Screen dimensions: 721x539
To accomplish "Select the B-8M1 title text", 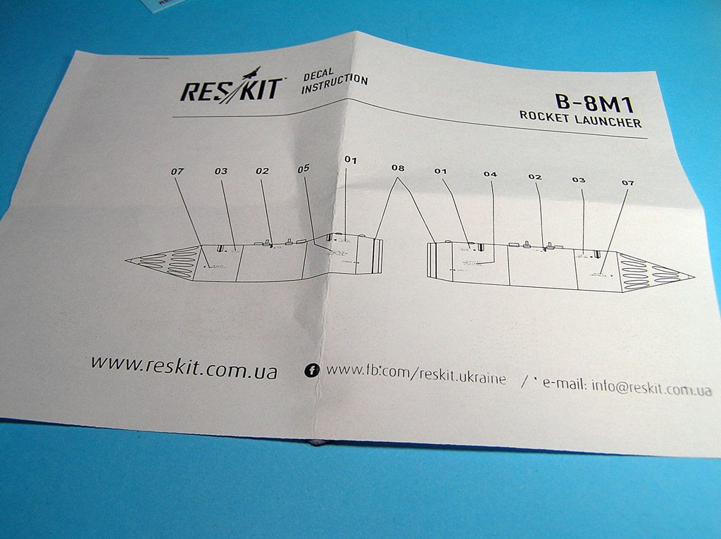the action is pyautogui.click(x=595, y=105).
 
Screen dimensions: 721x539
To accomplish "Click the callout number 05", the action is pyautogui.click(x=303, y=169).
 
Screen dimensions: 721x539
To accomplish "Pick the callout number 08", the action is pyautogui.click(x=398, y=169).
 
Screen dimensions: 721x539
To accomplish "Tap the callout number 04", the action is pyautogui.click(x=490, y=174).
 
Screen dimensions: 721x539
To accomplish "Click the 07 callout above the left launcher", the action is pyautogui.click(x=177, y=171).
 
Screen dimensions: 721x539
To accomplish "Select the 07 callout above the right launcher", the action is pyautogui.click(x=627, y=183).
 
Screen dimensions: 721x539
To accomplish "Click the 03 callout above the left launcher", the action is pyautogui.click(x=221, y=171).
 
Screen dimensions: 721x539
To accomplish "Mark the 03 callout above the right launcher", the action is pyautogui.click(x=579, y=180).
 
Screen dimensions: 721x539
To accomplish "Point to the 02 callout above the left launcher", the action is pyautogui.click(x=262, y=171).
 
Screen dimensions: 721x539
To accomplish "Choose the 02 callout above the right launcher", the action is pyautogui.click(x=535, y=177).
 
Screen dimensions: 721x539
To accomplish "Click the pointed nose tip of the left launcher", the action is pyautogui.click(x=127, y=261).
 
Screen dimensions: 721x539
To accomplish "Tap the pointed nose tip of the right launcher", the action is pyautogui.click(x=693, y=277).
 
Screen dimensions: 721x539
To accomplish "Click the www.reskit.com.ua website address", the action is pyautogui.click(x=183, y=366).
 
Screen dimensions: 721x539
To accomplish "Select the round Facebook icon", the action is pyautogui.click(x=311, y=371).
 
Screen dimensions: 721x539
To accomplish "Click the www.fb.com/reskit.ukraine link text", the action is pyautogui.click(x=416, y=374).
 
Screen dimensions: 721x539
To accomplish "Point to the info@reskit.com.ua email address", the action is pyautogui.click(x=651, y=388).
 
